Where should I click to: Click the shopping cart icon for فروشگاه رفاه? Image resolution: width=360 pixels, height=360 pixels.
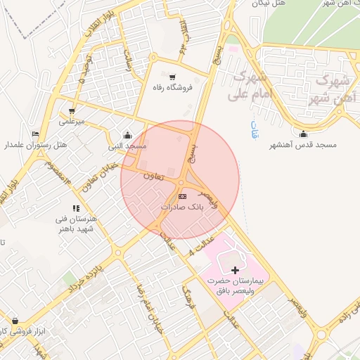[173, 77]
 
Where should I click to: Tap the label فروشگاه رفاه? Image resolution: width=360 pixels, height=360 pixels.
[169, 88]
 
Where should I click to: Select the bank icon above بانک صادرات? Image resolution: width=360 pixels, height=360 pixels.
[183, 196]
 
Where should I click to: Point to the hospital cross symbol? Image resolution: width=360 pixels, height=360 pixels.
[234, 270]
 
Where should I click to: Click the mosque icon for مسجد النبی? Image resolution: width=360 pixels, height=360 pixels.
[127, 135]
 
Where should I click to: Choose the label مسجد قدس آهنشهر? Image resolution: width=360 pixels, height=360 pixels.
[304, 145]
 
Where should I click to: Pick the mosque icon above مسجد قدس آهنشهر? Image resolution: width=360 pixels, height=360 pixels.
[304, 134]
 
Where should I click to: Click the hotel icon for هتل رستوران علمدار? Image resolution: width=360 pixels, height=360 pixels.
[36, 134]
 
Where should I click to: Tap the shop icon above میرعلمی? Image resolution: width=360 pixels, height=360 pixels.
[72, 111]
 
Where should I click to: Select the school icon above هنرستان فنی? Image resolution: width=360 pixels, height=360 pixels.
[76, 208]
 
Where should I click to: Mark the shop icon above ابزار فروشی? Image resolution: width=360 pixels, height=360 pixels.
[15, 321]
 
